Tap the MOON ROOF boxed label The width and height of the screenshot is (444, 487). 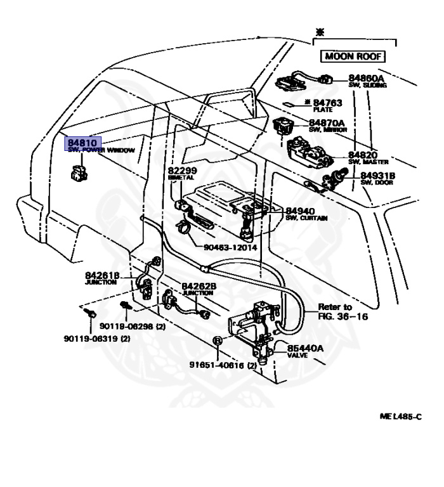coord(353,56)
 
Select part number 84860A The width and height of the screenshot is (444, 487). coord(365,78)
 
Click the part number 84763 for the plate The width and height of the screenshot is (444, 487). coord(327,102)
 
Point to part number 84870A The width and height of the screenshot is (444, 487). coord(327,122)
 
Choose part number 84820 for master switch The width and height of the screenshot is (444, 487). coord(363,155)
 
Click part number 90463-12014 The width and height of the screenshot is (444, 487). coord(222,247)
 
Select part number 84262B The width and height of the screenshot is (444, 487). coord(199,286)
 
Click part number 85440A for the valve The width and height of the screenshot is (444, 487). coord(305,349)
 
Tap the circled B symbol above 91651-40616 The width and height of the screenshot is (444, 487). coord(217,341)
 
